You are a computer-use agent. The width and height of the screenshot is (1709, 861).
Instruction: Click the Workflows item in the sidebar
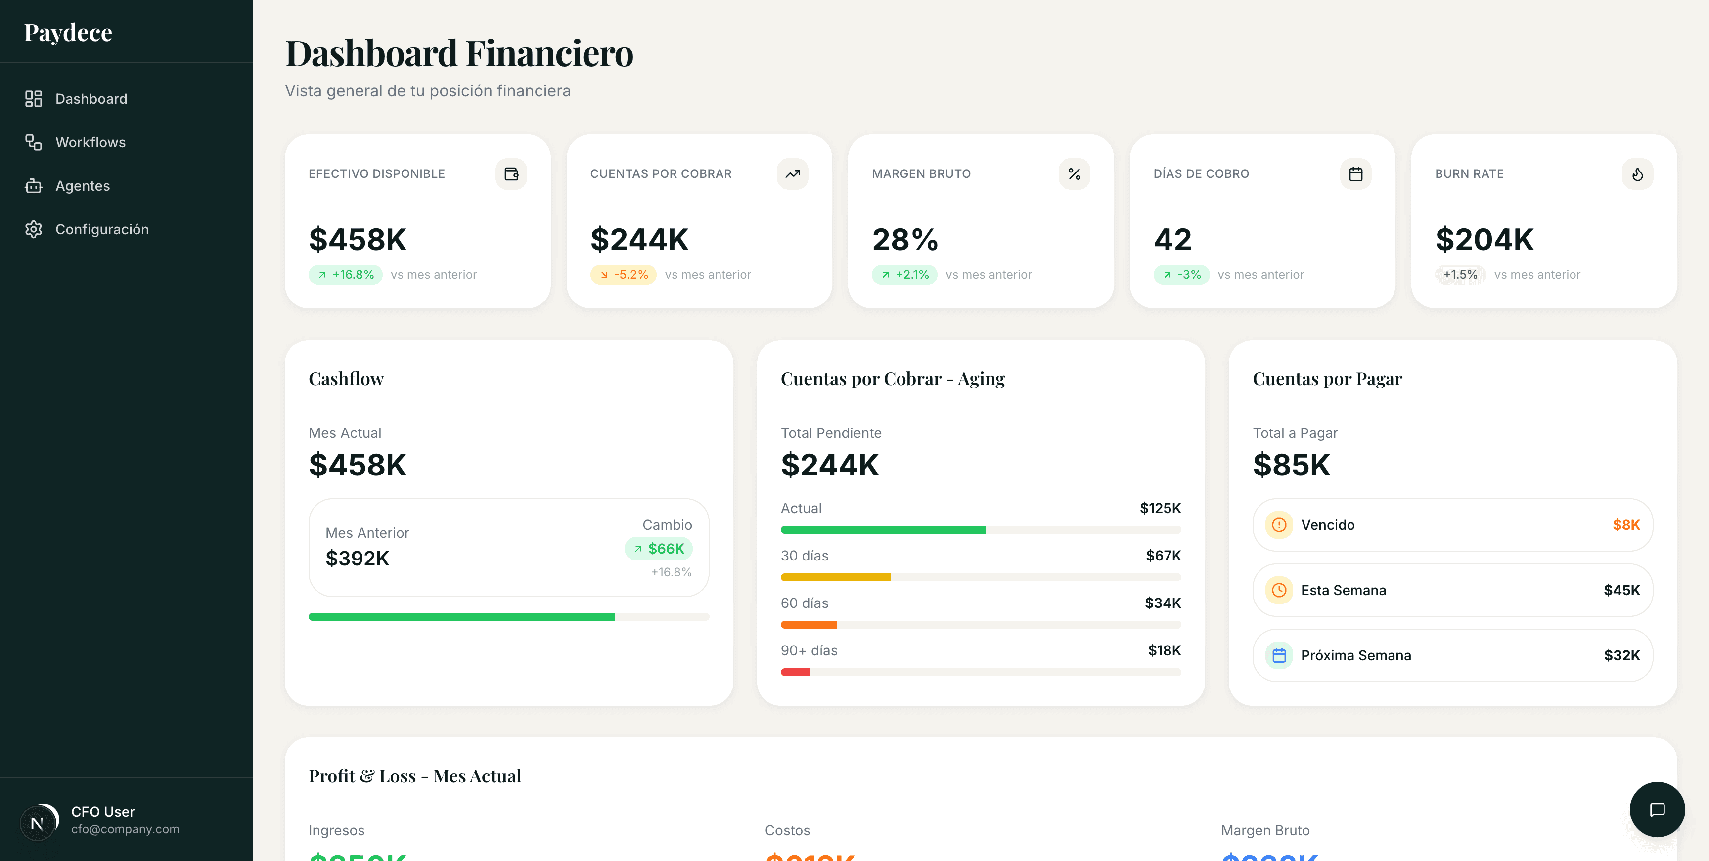(90, 142)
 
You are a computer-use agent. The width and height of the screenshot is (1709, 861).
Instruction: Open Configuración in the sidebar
(101, 229)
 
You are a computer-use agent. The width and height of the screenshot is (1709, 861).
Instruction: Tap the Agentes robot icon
(33, 186)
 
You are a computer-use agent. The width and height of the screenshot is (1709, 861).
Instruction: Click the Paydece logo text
(68, 33)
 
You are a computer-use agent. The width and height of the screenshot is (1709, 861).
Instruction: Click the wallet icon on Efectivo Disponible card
(511, 174)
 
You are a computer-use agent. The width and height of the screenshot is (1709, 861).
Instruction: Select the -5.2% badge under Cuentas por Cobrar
(623, 275)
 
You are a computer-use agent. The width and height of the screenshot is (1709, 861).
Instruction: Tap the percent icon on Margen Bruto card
(1074, 174)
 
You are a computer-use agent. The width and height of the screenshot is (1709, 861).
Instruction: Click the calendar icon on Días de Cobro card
(1355, 174)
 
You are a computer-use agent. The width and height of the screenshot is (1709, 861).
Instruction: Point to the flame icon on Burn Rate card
(1637, 174)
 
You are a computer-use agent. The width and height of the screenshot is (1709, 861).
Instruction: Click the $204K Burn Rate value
(1484, 239)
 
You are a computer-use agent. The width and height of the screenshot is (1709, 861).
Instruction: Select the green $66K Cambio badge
(659, 549)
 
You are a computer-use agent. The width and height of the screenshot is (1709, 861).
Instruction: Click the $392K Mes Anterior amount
(357, 559)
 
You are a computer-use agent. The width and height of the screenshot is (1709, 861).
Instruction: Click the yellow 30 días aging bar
(835, 577)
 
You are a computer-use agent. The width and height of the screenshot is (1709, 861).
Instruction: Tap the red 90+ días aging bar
(795, 672)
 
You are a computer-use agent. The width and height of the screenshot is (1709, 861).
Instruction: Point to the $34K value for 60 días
(1163, 603)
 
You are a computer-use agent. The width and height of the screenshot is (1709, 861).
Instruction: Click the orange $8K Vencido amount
(1625, 525)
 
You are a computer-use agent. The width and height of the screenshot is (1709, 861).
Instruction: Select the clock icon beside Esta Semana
(1278, 590)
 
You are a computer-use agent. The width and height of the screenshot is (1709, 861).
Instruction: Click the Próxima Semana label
(1355, 655)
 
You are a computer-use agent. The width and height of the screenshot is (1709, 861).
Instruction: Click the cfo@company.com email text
(125, 829)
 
